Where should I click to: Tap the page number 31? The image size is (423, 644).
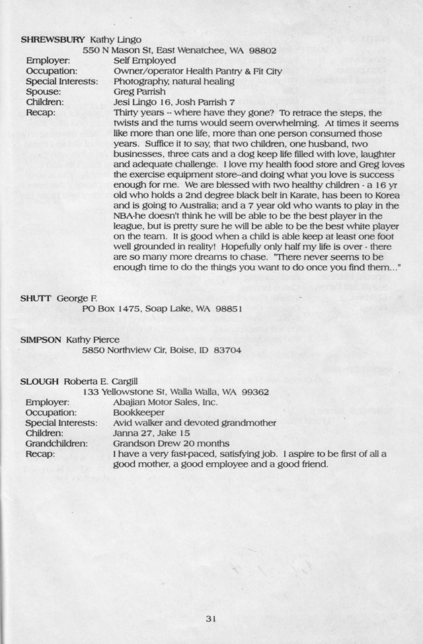pyautogui.click(x=211, y=619)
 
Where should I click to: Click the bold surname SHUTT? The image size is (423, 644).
pyautogui.click(x=36, y=298)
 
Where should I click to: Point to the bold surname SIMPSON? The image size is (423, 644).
pyautogui.click(x=42, y=339)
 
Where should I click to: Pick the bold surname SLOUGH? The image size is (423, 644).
pyautogui.click(x=40, y=382)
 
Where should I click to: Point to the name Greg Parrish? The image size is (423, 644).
pyautogui.click(x=139, y=92)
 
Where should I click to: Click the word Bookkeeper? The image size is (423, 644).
pyautogui.click(x=139, y=412)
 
